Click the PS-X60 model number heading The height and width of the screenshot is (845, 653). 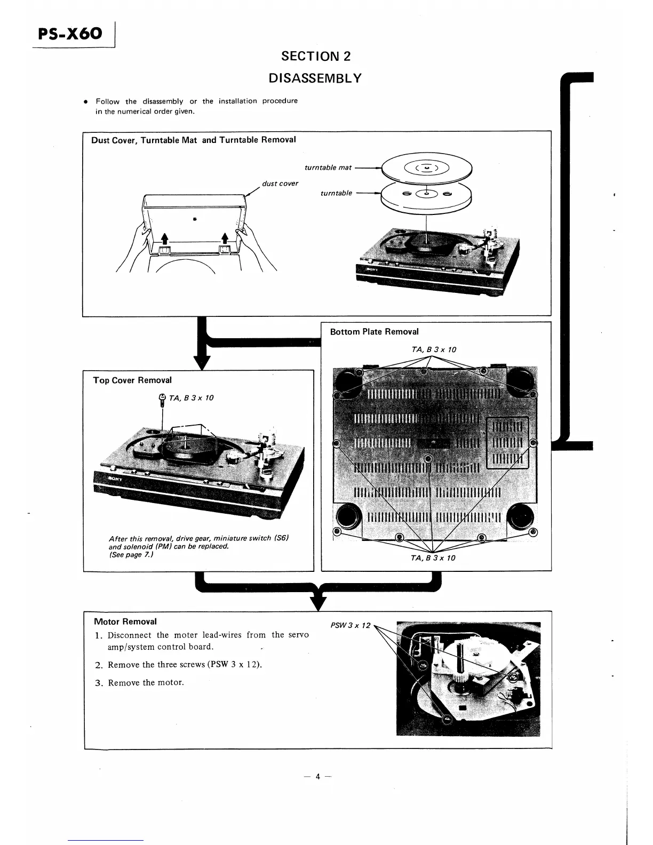click(70, 34)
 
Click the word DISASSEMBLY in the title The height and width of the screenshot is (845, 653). click(315, 78)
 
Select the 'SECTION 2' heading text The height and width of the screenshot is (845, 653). click(316, 56)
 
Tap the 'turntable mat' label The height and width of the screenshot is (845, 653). click(328, 168)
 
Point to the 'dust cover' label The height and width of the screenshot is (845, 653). click(280, 184)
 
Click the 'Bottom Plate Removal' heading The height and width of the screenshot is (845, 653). click(374, 332)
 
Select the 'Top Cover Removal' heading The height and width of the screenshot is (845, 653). click(132, 380)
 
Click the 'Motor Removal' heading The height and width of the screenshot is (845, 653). click(125, 621)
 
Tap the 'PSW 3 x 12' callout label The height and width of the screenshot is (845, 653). click(350, 625)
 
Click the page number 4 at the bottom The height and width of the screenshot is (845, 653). click(317, 777)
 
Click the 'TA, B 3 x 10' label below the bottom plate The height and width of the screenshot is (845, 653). click(433, 558)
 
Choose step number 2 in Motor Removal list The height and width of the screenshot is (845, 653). click(98, 665)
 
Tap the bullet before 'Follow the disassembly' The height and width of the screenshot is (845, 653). click(85, 101)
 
